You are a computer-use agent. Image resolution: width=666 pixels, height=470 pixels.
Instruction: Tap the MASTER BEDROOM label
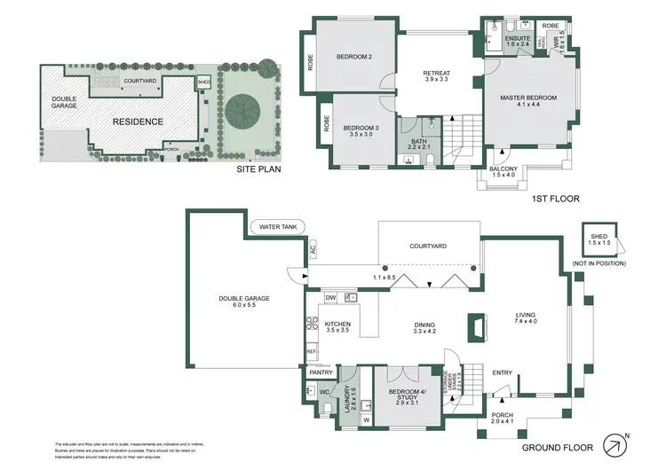click(529, 101)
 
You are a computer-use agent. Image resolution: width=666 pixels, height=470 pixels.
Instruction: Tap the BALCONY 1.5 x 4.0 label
click(503, 170)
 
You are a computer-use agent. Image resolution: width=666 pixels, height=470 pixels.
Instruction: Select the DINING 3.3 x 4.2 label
click(424, 328)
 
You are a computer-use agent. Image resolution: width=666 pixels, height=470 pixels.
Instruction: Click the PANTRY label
click(321, 372)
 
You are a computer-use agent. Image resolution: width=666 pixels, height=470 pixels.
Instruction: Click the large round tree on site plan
click(242, 111)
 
